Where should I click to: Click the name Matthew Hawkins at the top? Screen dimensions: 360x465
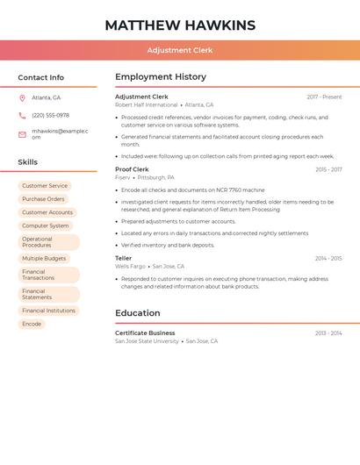click(180, 25)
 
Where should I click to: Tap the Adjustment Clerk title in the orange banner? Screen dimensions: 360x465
click(180, 50)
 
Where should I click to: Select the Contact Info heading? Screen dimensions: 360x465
click(41, 77)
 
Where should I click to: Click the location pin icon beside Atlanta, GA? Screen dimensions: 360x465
click(22, 97)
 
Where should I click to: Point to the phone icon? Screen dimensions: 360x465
click(22, 115)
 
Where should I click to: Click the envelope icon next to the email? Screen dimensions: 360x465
click(22, 134)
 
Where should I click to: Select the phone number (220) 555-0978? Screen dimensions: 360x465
click(51, 115)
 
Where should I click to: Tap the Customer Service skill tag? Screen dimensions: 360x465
click(45, 186)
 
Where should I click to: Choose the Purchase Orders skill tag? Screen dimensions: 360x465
click(43, 199)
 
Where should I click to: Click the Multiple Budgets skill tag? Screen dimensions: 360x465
click(44, 259)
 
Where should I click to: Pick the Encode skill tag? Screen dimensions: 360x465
click(32, 324)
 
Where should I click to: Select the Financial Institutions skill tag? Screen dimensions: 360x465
click(48, 311)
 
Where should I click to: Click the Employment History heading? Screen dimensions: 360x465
click(161, 77)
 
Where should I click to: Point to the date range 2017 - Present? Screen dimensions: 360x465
click(324, 97)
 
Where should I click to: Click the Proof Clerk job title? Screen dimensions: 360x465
click(132, 169)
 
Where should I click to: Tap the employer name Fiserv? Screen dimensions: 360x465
click(122, 177)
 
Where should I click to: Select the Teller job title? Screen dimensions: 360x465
click(123, 258)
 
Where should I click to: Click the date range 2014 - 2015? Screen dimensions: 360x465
click(328, 258)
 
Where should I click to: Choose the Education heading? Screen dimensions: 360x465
click(138, 313)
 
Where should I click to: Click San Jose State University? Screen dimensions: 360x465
click(147, 340)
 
